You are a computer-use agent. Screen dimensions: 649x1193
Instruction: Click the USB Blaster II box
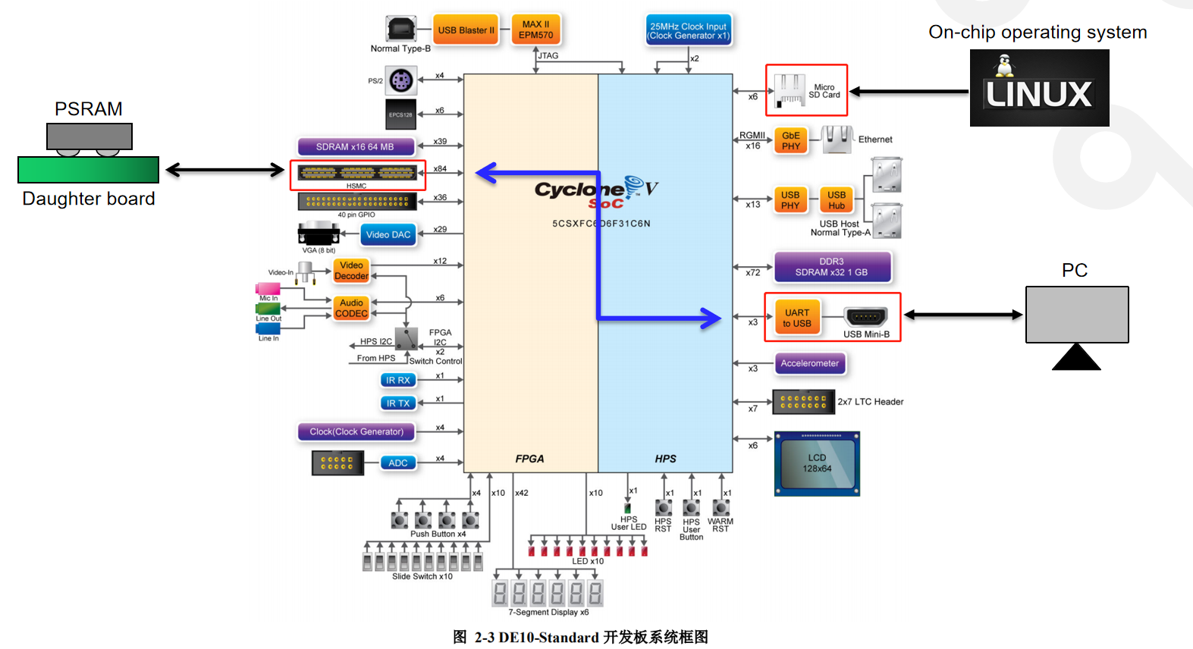[x=466, y=30]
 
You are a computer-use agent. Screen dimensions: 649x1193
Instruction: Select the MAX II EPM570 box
[x=535, y=30]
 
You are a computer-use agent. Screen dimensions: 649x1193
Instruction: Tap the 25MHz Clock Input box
[x=688, y=30]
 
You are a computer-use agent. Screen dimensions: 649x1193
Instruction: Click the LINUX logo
[x=1038, y=88]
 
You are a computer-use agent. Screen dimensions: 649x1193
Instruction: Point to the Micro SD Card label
[x=824, y=91]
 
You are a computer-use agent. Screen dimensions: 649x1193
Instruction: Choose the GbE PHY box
[x=790, y=141]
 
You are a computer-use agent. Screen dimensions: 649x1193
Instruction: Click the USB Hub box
[x=836, y=200]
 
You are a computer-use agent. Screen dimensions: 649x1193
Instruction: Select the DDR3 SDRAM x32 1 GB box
[x=831, y=267]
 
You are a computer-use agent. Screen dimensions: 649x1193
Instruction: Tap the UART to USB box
[x=796, y=318]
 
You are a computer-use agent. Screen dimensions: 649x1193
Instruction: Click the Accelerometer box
[x=809, y=363]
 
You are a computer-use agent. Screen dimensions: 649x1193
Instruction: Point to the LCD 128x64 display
[x=817, y=463]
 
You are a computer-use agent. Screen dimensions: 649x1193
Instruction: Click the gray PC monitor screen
[x=1076, y=314]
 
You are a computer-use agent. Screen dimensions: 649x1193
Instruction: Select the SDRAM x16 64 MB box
[x=355, y=146]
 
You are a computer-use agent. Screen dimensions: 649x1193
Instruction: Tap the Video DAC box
[x=388, y=234]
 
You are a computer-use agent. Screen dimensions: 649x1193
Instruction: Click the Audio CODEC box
[x=351, y=308]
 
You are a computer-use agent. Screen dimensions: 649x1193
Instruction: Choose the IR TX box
[x=397, y=403]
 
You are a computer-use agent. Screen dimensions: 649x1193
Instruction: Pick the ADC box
[x=397, y=462]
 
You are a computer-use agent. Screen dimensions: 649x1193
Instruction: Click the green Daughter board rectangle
[x=88, y=170]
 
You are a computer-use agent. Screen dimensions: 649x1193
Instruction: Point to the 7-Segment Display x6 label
[x=548, y=612]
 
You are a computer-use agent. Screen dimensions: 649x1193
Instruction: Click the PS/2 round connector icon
[x=400, y=80]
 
